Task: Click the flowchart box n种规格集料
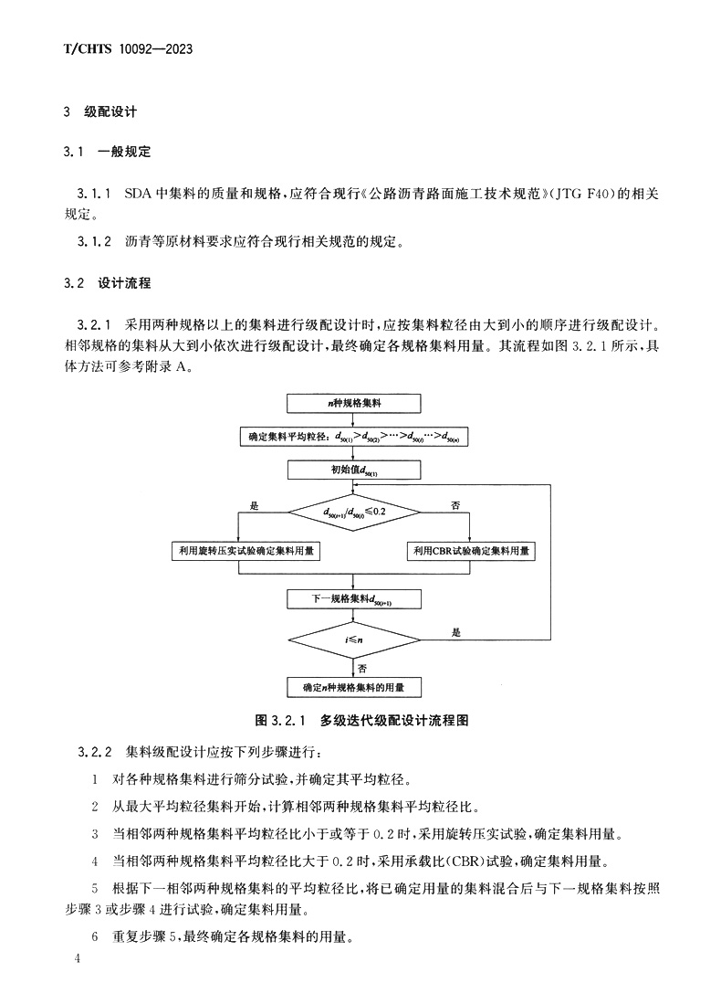coord(354,402)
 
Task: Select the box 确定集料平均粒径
coord(354,437)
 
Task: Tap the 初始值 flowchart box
coord(354,470)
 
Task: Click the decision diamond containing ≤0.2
coord(354,512)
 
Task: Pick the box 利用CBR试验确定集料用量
coord(471,551)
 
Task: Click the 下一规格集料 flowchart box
coord(354,598)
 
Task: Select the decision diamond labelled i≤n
coord(354,640)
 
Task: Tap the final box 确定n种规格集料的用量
coord(354,686)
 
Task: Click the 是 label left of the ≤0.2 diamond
coord(255,504)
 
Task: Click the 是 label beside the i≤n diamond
coord(456,632)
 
